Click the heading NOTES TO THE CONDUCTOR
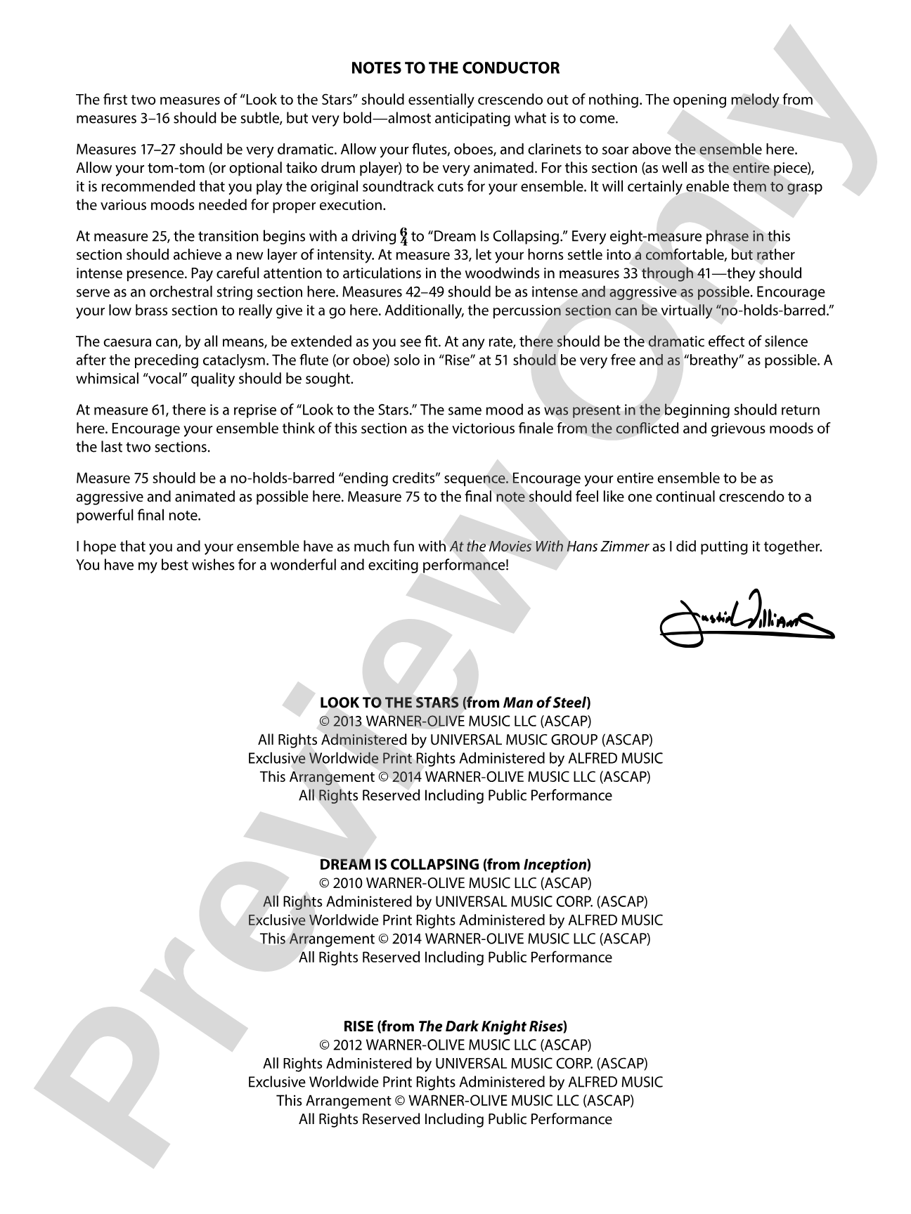point(455,68)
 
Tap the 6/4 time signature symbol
point(403,236)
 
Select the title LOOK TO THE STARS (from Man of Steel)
point(455,703)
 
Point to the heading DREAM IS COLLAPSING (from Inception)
point(455,864)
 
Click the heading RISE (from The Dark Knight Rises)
point(455,1026)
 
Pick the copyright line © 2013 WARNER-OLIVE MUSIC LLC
point(455,721)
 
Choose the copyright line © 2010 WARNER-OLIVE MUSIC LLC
point(455,883)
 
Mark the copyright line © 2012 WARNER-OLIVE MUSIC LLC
point(455,1045)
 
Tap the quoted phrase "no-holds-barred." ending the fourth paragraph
point(779,310)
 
